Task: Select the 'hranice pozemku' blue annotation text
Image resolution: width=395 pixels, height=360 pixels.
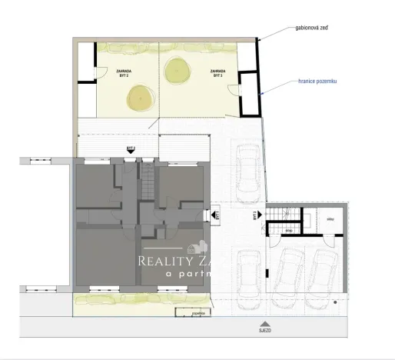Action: (317, 81)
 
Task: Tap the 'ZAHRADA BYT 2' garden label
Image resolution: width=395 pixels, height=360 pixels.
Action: (123, 73)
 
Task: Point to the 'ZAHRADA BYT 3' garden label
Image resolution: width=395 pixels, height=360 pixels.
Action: (217, 74)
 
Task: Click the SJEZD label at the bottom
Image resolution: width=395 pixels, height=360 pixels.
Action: (264, 329)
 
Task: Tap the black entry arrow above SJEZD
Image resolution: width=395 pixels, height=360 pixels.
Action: (264, 319)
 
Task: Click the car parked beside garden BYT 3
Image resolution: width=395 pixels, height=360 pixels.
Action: (248, 171)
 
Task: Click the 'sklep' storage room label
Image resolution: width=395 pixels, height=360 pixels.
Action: (329, 220)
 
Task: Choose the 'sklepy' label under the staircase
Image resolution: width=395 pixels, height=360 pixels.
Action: (287, 230)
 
